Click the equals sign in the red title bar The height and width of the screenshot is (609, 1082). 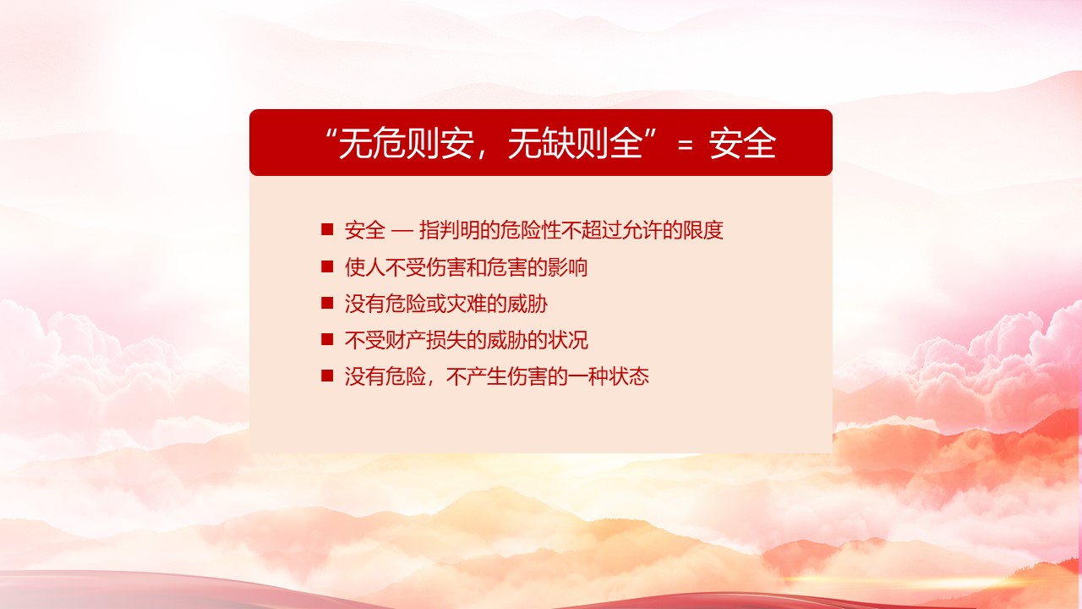tap(686, 144)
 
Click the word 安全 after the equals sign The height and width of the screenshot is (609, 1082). tap(743, 143)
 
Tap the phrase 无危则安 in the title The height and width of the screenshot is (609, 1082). tap(405, 143)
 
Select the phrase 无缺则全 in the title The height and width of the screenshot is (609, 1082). tap(576, 143)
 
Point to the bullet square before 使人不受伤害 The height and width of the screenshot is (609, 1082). tap(327, 266)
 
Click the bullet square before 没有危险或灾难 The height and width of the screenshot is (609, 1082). tap(327, 303)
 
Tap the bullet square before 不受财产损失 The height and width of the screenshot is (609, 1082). tap(327, 339)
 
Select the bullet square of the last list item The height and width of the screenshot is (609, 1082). tap(327, 376)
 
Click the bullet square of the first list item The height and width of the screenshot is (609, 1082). tap(327, 229)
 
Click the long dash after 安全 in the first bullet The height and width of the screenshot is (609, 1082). tap(402, 231)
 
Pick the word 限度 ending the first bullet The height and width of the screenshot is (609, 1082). tap(702, 229)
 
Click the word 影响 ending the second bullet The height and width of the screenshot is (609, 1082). tap(567, 266)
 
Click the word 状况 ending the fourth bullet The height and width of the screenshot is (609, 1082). tap(567, 340)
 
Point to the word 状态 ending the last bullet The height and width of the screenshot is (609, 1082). tap(628, 376)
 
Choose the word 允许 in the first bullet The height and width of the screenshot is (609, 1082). tap(642, 229)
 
